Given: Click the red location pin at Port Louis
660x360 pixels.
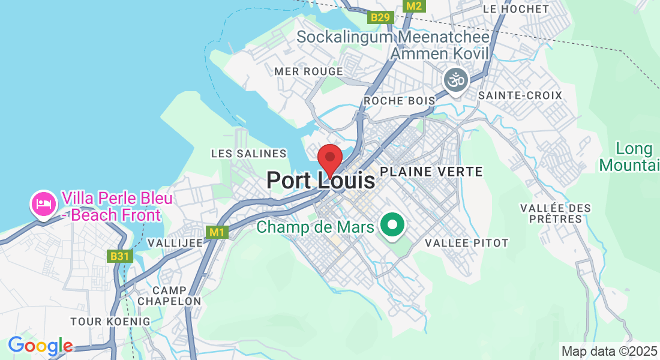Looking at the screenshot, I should click(x=329, y=158).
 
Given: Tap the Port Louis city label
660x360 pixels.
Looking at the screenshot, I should click(x=320, y=181).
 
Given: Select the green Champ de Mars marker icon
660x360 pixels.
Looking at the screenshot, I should click(x=393, y=226).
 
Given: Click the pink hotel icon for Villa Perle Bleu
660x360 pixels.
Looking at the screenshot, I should click(x=44, y=204).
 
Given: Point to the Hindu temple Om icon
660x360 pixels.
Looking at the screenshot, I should click(x=455, y=79).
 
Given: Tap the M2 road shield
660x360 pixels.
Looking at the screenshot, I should click(x=413, y=5).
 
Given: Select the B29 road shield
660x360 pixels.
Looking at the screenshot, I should click(x=380, y=17).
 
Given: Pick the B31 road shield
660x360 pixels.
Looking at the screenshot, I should click(x=119, y=256).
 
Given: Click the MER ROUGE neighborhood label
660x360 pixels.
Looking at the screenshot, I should click(x=308, y=71).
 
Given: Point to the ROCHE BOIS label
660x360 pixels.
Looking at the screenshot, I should click(x=399, y=100).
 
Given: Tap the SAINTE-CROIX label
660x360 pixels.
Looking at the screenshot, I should click(x=520, y=95).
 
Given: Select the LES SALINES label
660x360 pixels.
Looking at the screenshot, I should click(x=249, y=154).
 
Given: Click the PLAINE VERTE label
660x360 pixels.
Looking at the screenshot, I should click(x=431, y=172).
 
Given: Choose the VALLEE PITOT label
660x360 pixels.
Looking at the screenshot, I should click(x=467, y=243).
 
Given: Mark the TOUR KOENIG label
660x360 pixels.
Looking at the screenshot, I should click(x=110, y=322).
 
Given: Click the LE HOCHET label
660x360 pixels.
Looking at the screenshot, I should click(x=515, y=9).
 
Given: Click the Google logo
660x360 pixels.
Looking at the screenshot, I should click(x=40, y=346).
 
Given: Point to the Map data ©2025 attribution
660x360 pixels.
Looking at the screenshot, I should click(x=608, y=351).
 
